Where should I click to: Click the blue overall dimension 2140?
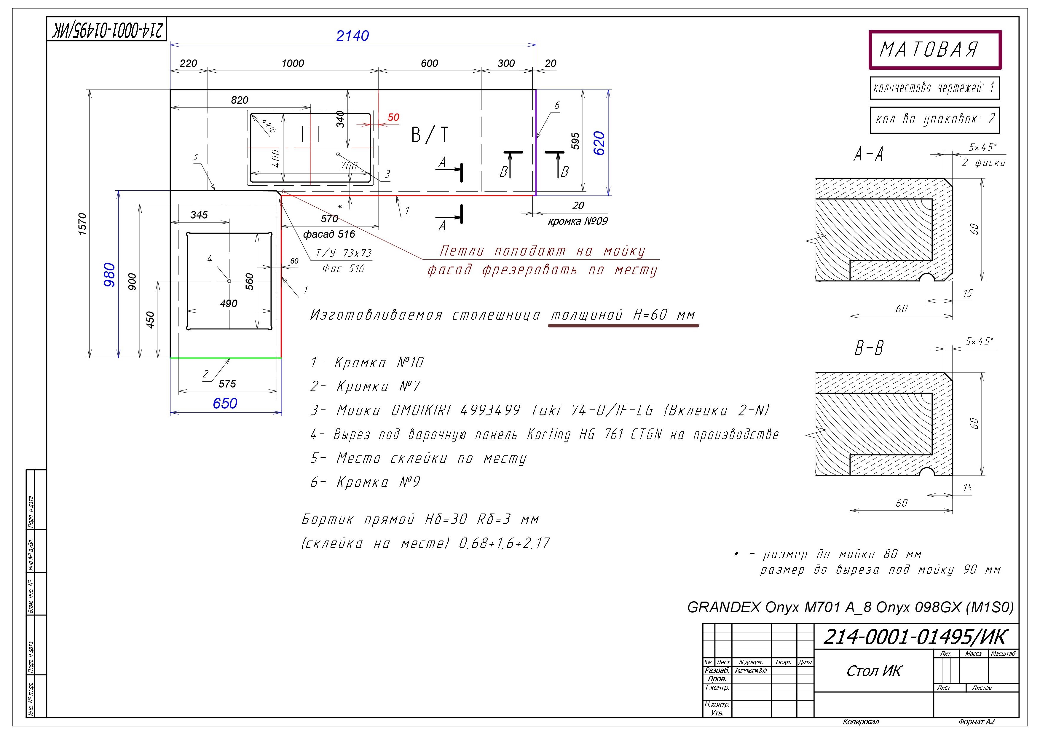tap(352, 36)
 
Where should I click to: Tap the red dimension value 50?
tap(393, 117)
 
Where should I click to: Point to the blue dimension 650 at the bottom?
tap(225, 403)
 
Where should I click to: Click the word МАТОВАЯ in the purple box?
tap(929, 50)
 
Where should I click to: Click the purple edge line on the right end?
tap(536, 143)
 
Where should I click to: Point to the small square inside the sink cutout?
tap(310, 134)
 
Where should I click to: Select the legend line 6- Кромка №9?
tap(365, 482)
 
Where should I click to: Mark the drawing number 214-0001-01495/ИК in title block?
tap(915, 637)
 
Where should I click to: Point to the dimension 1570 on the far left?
tap(82, 224)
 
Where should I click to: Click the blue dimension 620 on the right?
tap(599, 143)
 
